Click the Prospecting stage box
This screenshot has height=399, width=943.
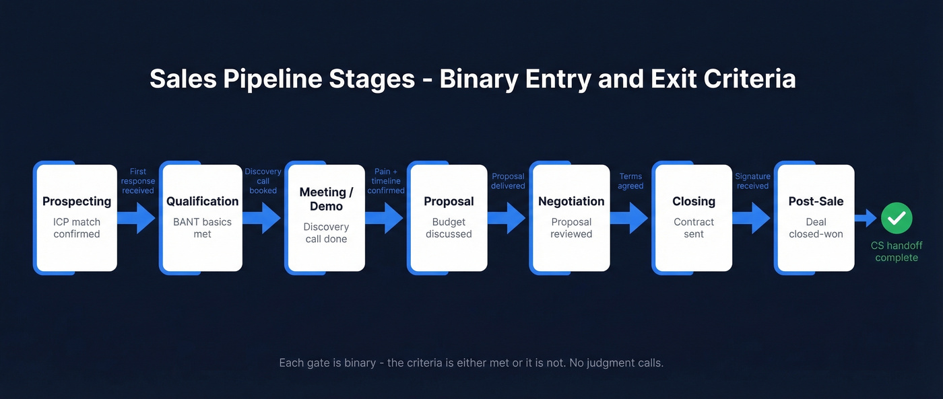pos(76,217)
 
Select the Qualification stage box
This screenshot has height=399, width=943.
pos(202,217)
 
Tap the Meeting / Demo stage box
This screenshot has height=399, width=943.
pos(326,217)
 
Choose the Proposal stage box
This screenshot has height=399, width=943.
pos(449,217)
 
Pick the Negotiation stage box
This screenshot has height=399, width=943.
pos(571,217)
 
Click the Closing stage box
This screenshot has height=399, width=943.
pos(693,217)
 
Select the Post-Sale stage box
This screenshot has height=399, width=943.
pos(816,217)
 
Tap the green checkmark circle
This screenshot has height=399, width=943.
pos(897,218)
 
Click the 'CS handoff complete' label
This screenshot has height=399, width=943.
pos(897,252)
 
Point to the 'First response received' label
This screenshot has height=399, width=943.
pos(138,181)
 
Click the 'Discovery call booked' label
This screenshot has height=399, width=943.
pos(263,181)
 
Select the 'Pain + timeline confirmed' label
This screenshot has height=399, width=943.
pos(386,181)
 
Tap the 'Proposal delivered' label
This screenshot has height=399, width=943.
pos(508,181)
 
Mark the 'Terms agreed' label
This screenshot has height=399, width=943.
pos(630,181)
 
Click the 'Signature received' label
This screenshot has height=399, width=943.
pos(752,181)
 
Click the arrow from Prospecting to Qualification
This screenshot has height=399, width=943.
pos(138,217)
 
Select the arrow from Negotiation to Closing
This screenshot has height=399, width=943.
pos(630,217)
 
